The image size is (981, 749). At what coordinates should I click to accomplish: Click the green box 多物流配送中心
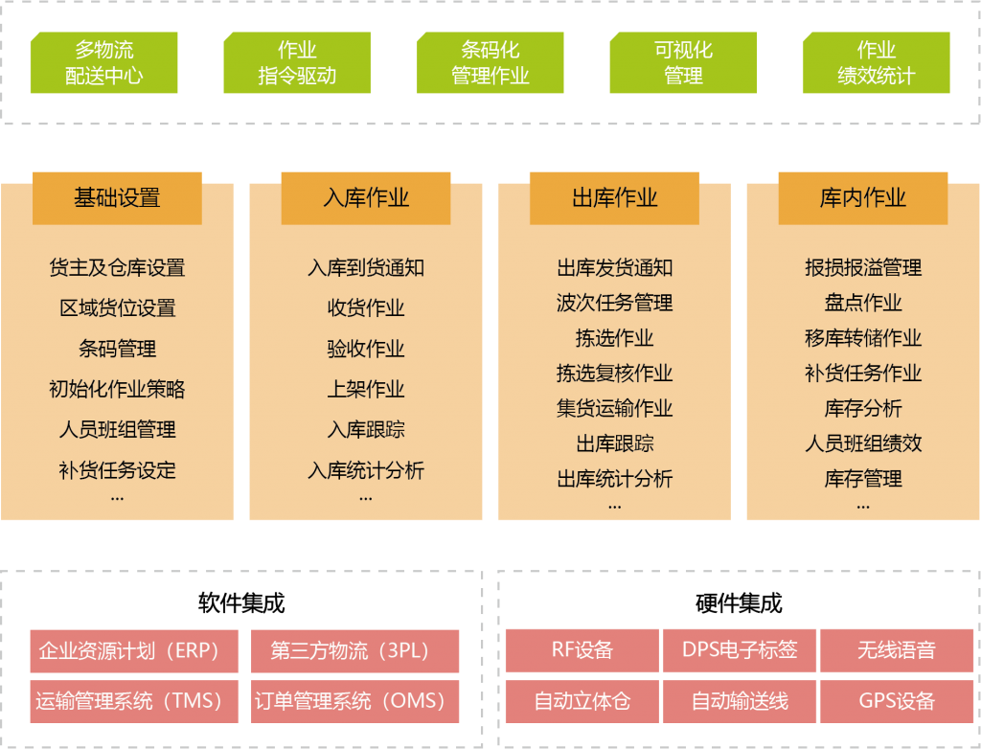click(x=103, y=62)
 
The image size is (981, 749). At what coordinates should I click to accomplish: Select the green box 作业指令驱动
click(x=297, y=62)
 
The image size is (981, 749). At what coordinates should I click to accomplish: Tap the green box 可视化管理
click(x=683, y=62)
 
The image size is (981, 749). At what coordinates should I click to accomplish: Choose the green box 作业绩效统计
click(x=877, y=62)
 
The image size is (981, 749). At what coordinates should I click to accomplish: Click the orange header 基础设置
click(x=117, y=198)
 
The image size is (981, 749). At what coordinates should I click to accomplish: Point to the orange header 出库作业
click(x=614, y=198)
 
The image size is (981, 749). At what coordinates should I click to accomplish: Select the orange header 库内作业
click(x=863, y=198)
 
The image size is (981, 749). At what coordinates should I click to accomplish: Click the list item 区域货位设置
click(x=118, y=307)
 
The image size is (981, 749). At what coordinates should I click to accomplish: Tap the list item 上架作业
click(x=366, y=389)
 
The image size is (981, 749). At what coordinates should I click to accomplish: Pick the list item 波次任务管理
click(x=614, y=303)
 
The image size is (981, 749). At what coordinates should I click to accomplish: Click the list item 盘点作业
click(x=863, y=303)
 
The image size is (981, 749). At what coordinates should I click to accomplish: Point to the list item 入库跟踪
click(x=366, y=430)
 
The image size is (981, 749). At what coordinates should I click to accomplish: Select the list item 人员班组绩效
click(x=863, y=443)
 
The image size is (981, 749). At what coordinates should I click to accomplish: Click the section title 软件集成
click(x=241, y=603)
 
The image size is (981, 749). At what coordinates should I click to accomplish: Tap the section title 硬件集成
click(x=739, y=603)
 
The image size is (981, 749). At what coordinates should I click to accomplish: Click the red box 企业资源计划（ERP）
click(x=134, y=651)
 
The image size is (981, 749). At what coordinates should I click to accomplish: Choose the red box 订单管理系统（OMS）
click(x=354, y=701)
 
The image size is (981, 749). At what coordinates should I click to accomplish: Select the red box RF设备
click(x=582, y=650)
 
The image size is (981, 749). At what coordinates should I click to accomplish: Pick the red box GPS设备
click(x=897, y=701)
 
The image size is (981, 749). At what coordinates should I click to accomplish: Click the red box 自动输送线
click(x=740, y=701)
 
